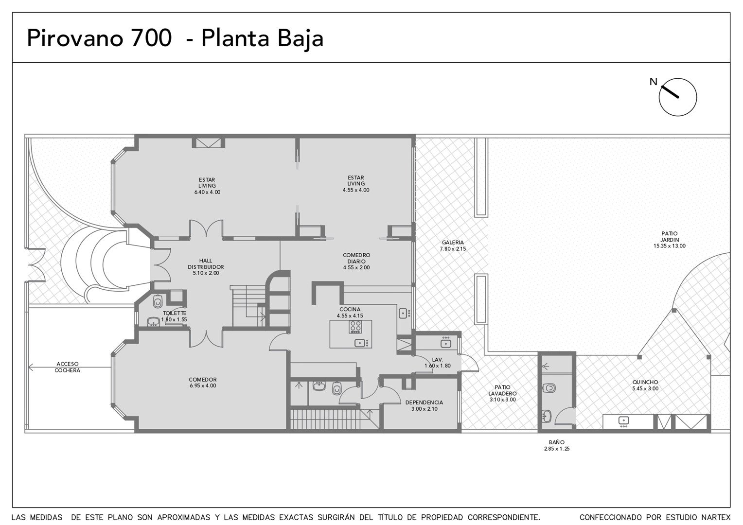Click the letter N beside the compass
(653, 82)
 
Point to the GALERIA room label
(453, 243)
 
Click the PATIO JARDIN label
(670, 236)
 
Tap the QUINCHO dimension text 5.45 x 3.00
(645, 388)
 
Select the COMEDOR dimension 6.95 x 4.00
(203, 385)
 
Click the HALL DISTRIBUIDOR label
(206, 263)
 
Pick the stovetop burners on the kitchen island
(355, 327)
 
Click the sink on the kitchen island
(360, 343)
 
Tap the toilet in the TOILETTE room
(158, 301)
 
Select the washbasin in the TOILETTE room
(153, 322)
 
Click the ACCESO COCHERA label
(67, 367)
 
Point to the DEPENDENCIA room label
(424, 402)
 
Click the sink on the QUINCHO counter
(623, 420)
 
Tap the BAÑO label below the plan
(557, 442)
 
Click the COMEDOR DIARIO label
(356, 258)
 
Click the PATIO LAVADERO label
(502, 390)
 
